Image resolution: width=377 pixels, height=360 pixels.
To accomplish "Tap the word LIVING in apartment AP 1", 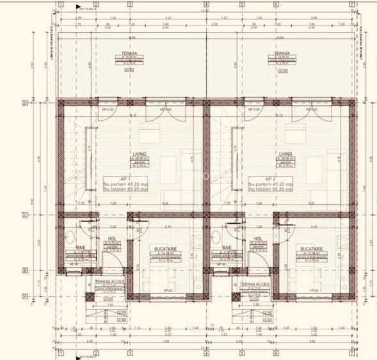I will pyautogui.click(x=139, y=154).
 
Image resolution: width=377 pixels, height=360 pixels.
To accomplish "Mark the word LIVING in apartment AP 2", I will pyautogui.click(x=285, y=154).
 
